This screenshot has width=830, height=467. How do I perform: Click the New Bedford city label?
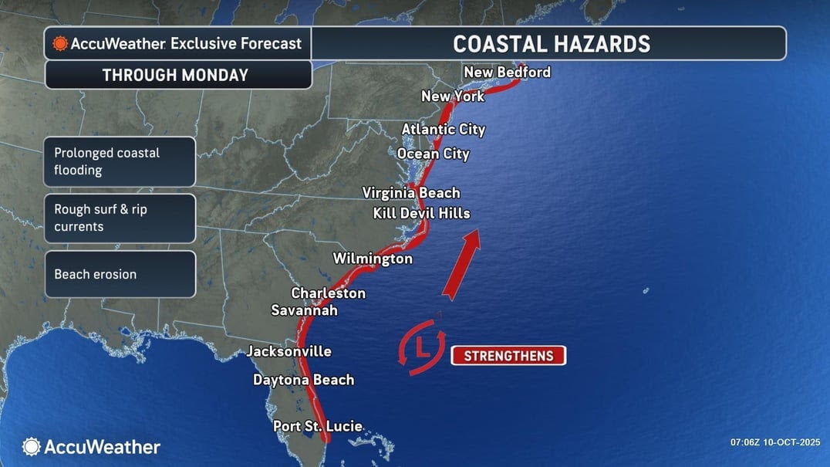click(507, 73)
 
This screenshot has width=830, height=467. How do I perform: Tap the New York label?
click(453, 96)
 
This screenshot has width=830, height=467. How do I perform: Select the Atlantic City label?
click(444, 130)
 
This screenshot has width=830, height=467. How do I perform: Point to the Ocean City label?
click(433, 154)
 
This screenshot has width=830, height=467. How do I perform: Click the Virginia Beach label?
click(411, 193)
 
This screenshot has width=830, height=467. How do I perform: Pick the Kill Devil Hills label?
click(421, 213)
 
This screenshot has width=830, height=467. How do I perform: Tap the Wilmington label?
click(373, 259)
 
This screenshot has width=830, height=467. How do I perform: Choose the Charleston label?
click(328, 293)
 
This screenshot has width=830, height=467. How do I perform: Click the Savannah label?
click(304, 310)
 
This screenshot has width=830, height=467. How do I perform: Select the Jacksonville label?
click(288, 352)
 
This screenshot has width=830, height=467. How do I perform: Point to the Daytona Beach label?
click(303, 380)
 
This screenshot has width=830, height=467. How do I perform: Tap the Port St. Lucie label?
click(317, 426)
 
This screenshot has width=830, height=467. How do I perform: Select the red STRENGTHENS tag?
click(508, 356)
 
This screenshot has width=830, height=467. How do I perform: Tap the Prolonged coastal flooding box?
click(120, 161)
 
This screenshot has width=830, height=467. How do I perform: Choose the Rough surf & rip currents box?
click(120, 218)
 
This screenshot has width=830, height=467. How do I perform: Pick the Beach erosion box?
click(120, 274)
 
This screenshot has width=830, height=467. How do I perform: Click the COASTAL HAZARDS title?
click(551, 43)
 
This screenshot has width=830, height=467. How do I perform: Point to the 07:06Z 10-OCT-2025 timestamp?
click(774, 442)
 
